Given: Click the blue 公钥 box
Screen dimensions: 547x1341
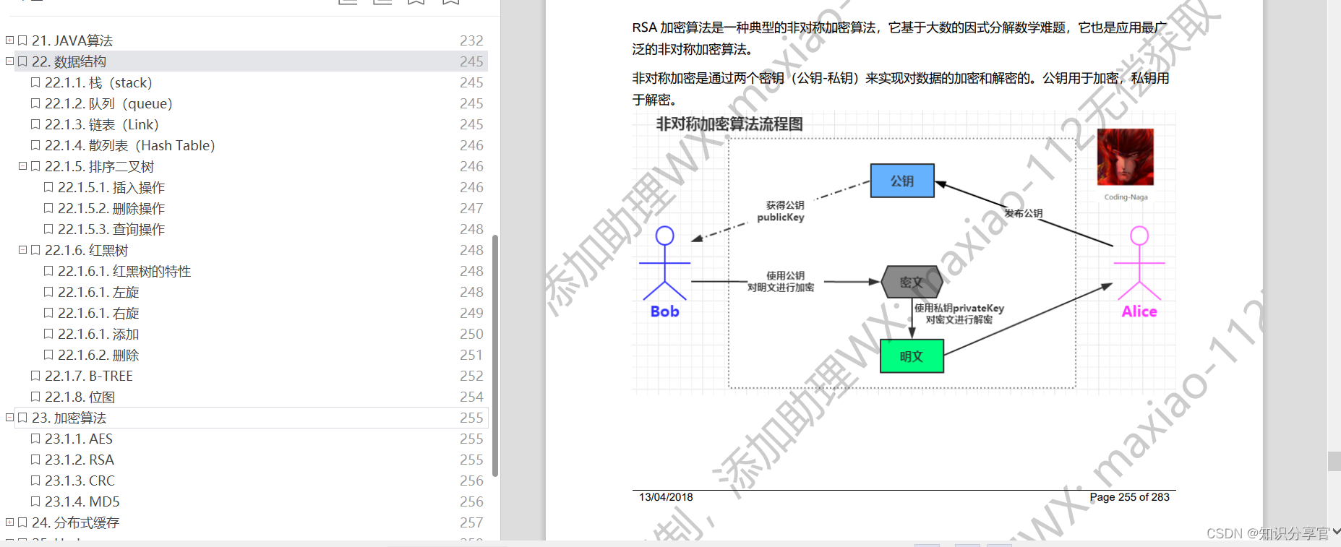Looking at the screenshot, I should point(901,181).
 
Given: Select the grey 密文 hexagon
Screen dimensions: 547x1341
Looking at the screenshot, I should point(912,282).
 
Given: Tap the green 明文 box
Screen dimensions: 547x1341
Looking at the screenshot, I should point(912,356).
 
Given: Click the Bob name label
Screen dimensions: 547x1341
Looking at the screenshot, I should point(664,311).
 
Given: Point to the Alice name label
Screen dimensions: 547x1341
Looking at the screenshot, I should point(1139,311).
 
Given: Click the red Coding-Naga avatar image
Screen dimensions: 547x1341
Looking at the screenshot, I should point(1125,157).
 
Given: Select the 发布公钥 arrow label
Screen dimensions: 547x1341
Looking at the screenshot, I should point(1023,213).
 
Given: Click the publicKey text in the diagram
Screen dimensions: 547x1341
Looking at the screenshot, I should point(780,217).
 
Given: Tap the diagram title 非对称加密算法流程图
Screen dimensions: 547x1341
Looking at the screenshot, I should point(729,124).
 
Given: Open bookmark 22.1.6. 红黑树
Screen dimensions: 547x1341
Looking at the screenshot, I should point(86,250).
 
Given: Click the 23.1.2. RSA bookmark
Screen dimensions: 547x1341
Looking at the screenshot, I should point(80,460).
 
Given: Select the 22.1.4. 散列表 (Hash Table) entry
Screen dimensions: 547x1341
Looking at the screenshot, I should point(129,145).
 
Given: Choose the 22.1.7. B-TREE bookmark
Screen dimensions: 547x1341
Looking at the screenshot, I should point(89,376).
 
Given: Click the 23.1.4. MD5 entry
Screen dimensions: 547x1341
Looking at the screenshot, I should point(82,501).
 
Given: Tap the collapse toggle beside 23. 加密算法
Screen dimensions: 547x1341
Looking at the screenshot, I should point(9,418).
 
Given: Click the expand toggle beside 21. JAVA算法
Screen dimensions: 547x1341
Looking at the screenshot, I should point(9,40).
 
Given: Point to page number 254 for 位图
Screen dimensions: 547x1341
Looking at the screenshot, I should point(471,397).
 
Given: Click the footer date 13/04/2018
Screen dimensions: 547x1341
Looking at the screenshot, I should point(666,497).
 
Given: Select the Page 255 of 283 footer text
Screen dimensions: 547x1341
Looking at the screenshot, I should point(1129,497).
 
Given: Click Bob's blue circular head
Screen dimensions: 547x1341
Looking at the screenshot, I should point(664,236).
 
